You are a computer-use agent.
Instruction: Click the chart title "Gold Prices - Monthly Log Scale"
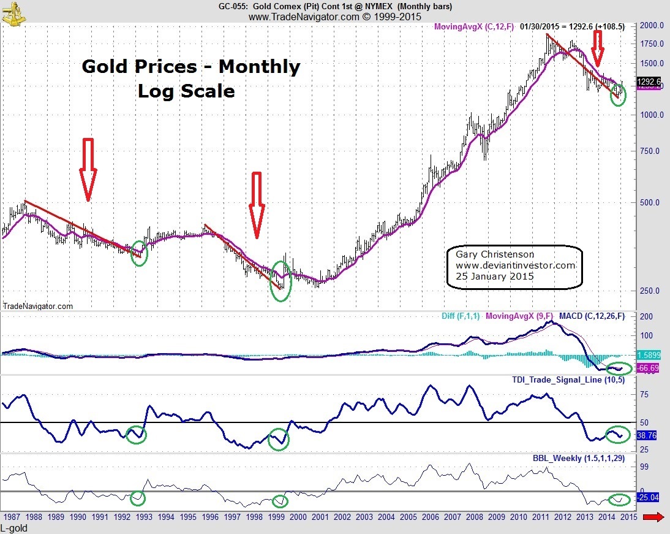(x=190, y=78)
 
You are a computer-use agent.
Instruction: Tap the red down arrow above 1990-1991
(x=88, y=169)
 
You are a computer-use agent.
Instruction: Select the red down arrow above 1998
(x=256, y=205)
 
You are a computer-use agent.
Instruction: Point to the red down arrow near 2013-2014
(x=598, y=48)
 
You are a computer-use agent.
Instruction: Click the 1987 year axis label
(x=12, y=517)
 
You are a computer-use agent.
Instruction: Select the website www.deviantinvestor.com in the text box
(x=516, y=265)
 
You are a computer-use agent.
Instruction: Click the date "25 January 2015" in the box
(x=494, y=277)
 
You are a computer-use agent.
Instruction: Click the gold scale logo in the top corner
(x=13, y=12)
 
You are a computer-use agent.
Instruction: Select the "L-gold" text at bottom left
(x=14, y=528)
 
